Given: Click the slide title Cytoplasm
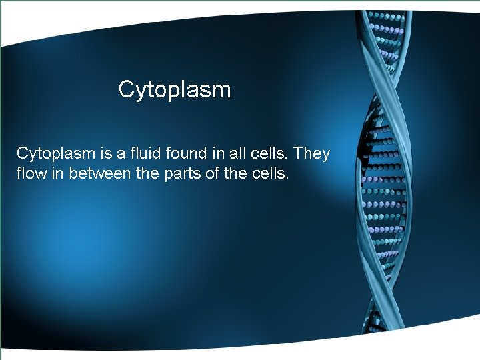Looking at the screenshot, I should click(x=175, y=89).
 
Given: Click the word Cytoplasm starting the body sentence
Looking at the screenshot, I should click(x=57, y=154).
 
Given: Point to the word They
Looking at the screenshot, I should click(x=311, y=153).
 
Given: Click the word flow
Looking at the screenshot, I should click(x=31, y=175).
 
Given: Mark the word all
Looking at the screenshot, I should click(x=241, y=153).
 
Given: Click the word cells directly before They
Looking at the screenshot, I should click(x=271, y=153).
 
